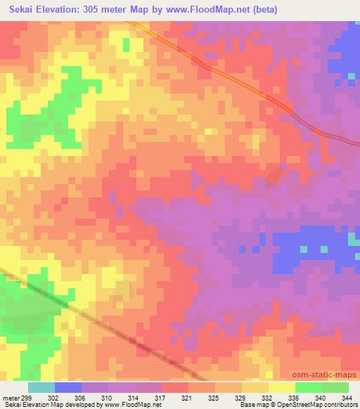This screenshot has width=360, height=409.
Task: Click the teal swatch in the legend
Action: pos(41,387)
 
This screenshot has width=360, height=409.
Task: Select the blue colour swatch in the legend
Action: pos(68,387)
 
